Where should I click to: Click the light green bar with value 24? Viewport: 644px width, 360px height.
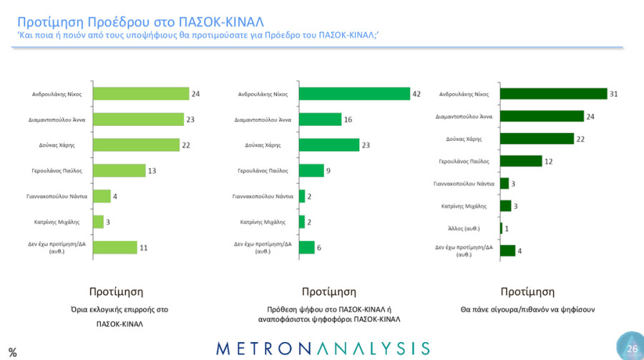(x=141, y=94)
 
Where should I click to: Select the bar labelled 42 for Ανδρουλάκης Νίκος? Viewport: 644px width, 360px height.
(x=354, y=94)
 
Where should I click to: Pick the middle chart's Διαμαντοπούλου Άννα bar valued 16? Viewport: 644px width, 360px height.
(x=319, y=120)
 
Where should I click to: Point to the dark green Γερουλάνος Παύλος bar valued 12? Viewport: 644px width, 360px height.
(x=521, y=161)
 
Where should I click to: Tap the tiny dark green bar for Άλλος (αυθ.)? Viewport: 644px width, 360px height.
(x=501, y=228)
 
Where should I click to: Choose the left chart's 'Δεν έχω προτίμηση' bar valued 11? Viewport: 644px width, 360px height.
(x=115, y=247)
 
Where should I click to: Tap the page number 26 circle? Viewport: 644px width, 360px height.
(x=630, y=348)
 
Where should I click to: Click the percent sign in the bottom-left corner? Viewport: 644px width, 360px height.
(x=12, y=351)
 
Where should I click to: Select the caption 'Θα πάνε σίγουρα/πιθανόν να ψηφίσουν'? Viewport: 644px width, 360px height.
(x=527, y=309)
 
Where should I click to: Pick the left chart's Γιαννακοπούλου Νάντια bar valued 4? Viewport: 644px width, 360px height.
(x=102, y=196)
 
